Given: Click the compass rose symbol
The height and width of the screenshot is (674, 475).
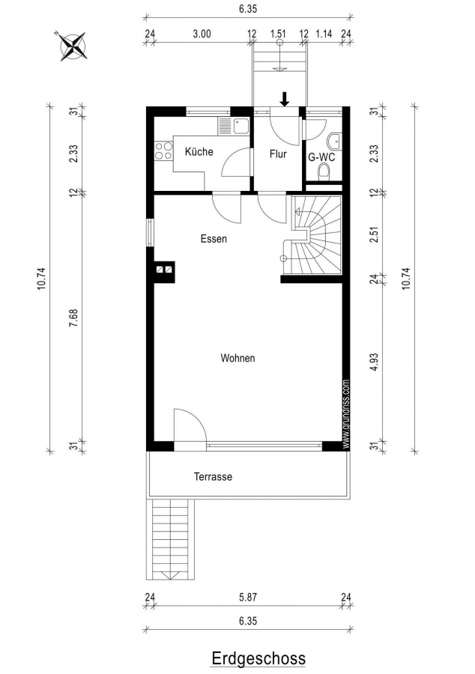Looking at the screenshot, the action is click(x=73, y=46).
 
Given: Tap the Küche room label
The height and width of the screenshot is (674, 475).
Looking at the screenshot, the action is click(x=199, y=151).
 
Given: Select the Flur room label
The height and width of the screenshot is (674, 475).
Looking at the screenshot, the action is click(x=278, y=154).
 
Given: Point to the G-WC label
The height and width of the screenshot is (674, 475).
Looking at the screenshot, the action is click(x=321, y=157).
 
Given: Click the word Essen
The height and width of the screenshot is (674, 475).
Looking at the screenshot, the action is click(x=214, y=239).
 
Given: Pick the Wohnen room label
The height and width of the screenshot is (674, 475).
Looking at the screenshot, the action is click(x=237, y=358).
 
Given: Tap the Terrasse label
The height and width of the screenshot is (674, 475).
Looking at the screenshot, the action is click(x=213, y=477).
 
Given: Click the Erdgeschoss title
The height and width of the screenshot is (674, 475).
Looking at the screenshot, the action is click(x=258, y=658).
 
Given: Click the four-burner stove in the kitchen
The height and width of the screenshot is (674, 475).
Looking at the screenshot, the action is click(x=164, y=151).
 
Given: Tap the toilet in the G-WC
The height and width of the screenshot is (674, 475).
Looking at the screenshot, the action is click(x=324, y=173).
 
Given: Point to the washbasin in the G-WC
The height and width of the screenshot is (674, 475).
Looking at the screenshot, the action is click(x=334, y=141).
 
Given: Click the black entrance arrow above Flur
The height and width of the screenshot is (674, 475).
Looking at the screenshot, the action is click(x=285, y=100).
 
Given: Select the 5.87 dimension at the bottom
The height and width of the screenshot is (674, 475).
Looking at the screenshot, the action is click(x=248, y=597).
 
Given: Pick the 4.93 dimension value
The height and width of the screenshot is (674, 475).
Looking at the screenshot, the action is click(x=375, y=362).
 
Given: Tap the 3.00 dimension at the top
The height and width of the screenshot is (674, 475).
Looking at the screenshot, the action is click(x=202, y=34).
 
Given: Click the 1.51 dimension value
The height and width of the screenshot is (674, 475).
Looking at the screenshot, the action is click(x=278, y=34).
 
